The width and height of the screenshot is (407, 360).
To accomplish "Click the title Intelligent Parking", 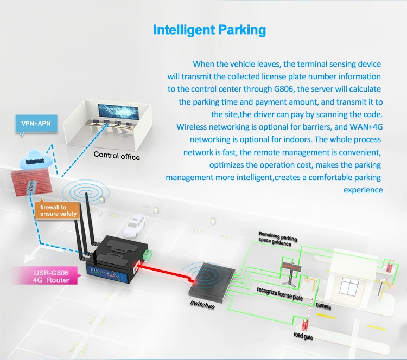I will coord(209,29).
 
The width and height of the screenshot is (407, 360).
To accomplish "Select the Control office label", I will coord(117,156).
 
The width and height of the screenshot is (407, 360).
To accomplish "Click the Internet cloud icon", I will coord(34,161).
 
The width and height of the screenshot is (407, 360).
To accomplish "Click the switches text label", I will coord(202,306).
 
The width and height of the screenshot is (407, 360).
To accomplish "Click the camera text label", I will coord(323,306).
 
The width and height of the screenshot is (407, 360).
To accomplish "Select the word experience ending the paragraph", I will coord(363,190).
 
